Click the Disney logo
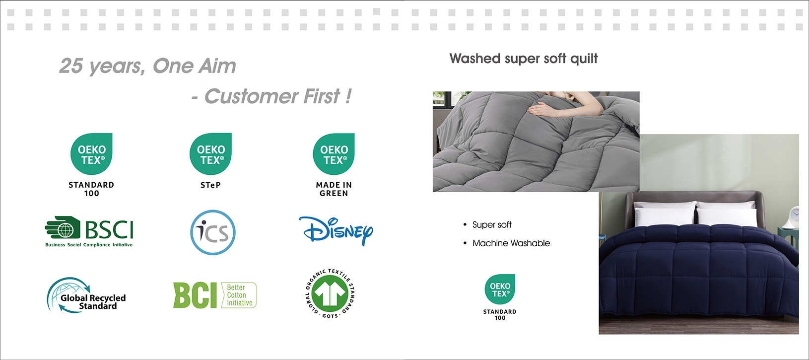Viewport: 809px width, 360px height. pos(336,231)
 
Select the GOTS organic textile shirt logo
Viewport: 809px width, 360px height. pos(330,293)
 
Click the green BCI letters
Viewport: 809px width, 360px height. pos(195,295)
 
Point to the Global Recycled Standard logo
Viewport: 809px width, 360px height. pos(86,295)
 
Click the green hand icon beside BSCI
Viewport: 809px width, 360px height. pos(63,227)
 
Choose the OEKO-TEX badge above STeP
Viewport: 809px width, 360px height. pos(210,154)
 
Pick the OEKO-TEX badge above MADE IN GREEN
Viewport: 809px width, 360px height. pos(334,154)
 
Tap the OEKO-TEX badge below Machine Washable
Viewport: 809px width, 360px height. pos(500,289)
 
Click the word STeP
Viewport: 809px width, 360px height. pos(210,185)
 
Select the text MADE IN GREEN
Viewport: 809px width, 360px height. pos(334,189)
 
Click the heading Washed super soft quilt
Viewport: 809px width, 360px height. pos(523,59)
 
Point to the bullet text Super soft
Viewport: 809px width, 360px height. pos(492,225)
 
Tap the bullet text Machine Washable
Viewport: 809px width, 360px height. pos(511,243)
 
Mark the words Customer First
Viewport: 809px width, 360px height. pos(272,96)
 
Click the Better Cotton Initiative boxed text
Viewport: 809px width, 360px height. pos(239,295)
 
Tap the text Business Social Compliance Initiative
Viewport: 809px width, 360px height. pos(89,245)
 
